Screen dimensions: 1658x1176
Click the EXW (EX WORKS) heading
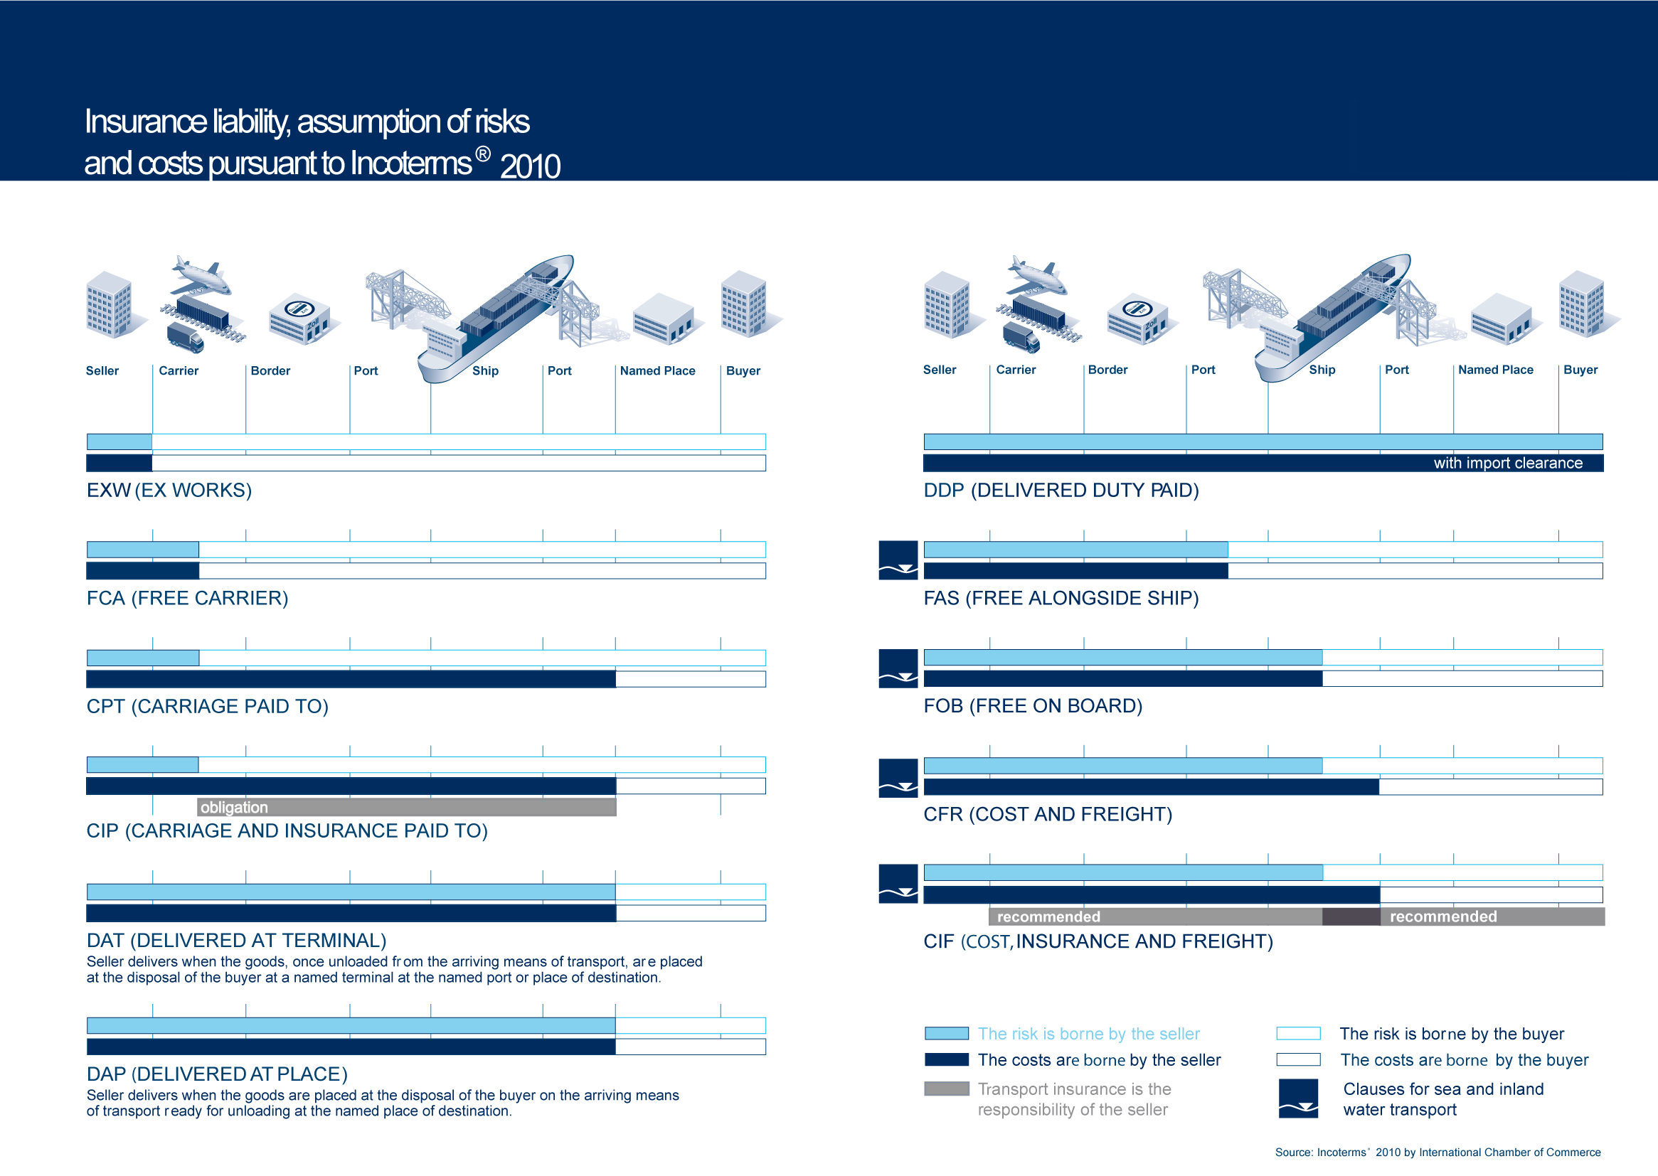(x=169, y=491)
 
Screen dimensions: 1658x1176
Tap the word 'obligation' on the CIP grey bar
(x=234, y=808)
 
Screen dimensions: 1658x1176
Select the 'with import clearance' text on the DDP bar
(x=1508, y=463)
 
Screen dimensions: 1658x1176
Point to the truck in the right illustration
(x=1021, y=337)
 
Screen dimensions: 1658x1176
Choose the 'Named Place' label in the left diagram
(x=657, y=370)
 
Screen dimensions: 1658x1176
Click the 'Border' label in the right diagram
(x=1107, y=369)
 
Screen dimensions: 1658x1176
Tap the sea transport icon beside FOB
(x=898, y=668)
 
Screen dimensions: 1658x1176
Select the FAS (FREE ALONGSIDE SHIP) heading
(x=1061, y=598)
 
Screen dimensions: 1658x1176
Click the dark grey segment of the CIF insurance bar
(x=1351, y=916)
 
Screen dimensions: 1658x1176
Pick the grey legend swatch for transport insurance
(x=946, y=1089)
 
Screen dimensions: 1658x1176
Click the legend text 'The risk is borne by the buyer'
(x=1452, y=1033)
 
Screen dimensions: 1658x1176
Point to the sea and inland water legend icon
(x=1298, y=1099)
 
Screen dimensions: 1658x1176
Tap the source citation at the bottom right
(x=1438, y=1152)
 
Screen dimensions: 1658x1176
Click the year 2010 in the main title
(x=530, y=166)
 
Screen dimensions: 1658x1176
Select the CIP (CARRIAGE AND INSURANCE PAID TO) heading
(x=287, y=830)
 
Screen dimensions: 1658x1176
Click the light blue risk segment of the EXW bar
(x=119, y=442)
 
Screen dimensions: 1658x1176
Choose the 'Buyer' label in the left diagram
(x=743, y=370)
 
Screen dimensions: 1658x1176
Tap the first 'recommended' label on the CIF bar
(x=1048, y=916)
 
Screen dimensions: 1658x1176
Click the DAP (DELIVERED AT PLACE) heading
(x=216, y=1074)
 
